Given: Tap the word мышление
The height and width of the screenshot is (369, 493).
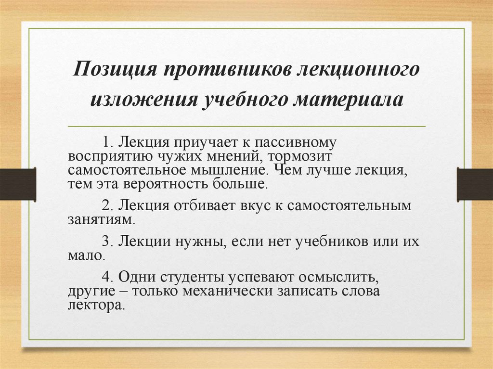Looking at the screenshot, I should (x=219, y=170).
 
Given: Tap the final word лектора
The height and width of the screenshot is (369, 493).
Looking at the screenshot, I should (x=96, y=305).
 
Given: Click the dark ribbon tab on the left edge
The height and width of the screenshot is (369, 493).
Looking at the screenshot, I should (x=18, y=184).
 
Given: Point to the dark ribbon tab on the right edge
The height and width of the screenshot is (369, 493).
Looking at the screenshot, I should (x=475, y=184).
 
